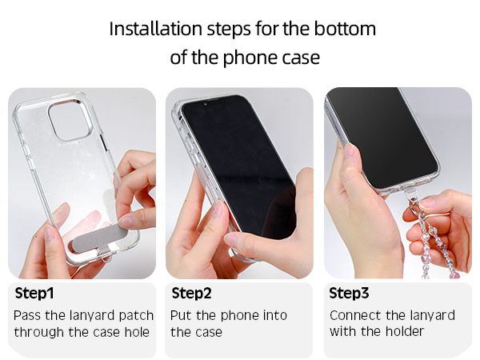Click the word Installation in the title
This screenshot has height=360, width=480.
(155, 29)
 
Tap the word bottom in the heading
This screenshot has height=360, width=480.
(345, 29)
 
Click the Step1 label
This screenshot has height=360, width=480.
(34, 294)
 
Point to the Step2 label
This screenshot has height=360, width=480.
(192, 294)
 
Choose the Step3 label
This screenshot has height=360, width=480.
(349, 294)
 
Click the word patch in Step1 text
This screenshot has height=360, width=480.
(136, 316)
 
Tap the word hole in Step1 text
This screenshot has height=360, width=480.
(137, 332)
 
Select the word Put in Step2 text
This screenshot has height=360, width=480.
(180, 315)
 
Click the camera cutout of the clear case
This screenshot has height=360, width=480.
(70, 120)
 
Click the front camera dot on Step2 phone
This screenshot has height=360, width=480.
(205, 104)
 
